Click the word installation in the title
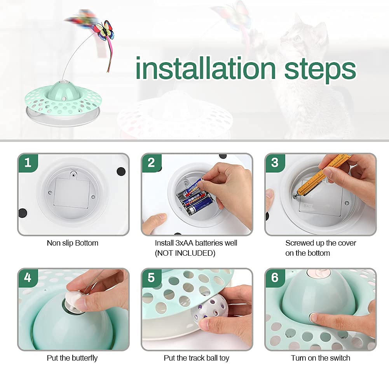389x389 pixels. click(206, 68)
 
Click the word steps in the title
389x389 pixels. click(320, 70)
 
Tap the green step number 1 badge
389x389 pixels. click(28, 163)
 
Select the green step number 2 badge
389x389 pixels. click(152, 163)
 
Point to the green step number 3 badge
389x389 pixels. click(275, 163)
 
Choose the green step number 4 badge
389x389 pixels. click(28, 278)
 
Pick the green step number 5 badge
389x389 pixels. click(152, 278)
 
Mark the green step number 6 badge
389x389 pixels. click(275, 278)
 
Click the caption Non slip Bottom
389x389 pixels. click(72, 243)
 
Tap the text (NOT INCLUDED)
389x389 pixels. click(185, 253)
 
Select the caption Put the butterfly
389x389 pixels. click(72, 358)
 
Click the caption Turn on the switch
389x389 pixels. click(321, 358)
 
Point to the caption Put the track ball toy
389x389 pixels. click(197, 358)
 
